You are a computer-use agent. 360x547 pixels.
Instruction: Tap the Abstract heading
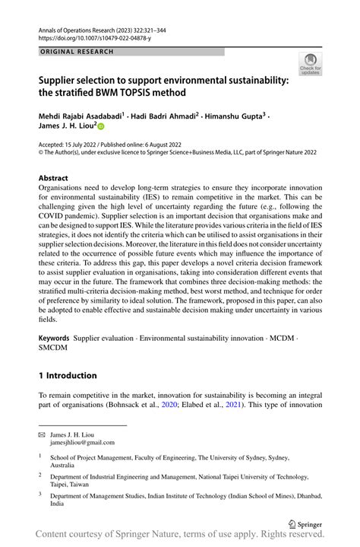pyautogui.click(x=58, y=177)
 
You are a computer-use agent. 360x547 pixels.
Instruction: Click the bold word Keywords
pyautogui.click(x=55, y=336)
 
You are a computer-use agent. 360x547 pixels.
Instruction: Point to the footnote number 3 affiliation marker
pyautogui.click(x=40, y=494)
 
